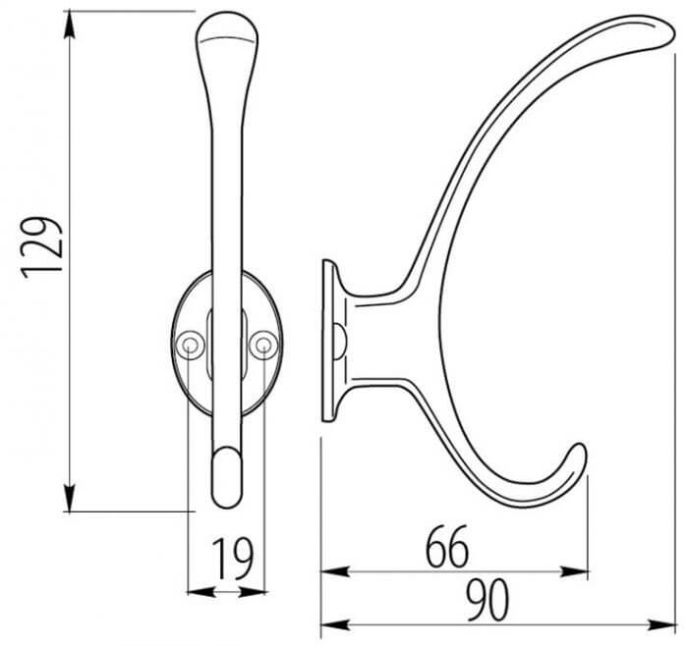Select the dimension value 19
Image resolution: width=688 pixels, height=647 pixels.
tap(231, 559)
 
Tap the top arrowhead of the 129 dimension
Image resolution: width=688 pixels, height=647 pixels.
tap(70, 21)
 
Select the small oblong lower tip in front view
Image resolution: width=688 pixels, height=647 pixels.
tap(226, 475)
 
